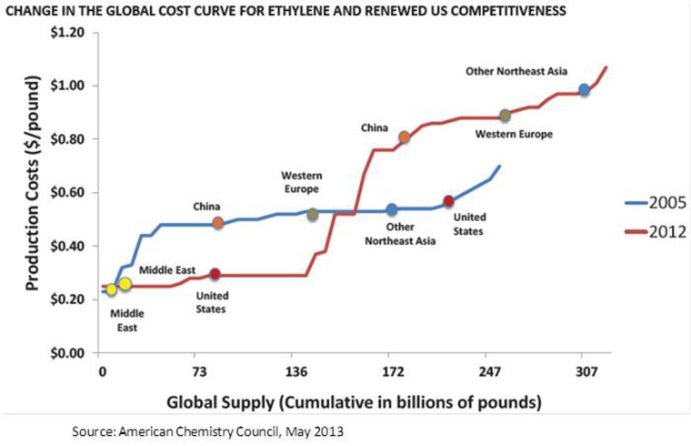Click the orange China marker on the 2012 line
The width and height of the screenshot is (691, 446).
tap(404, 137)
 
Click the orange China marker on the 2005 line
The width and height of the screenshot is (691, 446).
tap(218, 223)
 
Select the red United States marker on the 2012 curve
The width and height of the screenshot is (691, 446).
tap(215, 274)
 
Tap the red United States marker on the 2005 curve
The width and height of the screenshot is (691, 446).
tap(447, 201)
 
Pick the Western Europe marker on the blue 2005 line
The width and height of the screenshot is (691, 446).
tap(313, 214)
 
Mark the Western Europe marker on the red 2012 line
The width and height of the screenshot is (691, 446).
tap(505, 116)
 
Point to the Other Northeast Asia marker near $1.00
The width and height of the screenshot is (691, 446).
tap(584, 90)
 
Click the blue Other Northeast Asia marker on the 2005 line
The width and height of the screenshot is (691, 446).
tap(392, 210)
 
